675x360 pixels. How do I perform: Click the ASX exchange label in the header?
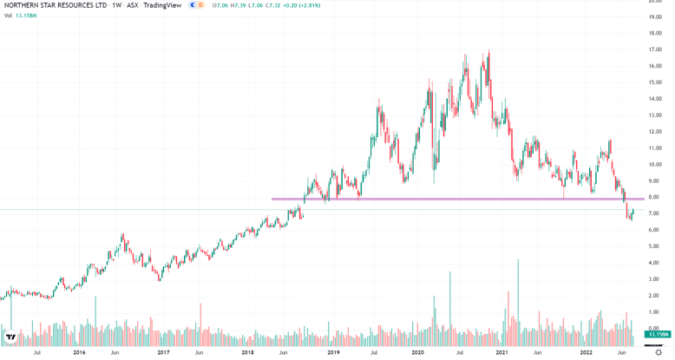click(x=133, y=5)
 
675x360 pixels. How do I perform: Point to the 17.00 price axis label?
click(x=656, y=49)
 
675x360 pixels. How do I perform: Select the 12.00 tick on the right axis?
click(x=656, y=132)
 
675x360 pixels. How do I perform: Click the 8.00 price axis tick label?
click(x=656, y=197)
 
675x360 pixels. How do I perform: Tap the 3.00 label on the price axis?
click(x=656, y=279)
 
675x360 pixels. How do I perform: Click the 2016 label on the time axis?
click(x=79, y=352)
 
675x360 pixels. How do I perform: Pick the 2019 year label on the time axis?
click(x=332, y=352)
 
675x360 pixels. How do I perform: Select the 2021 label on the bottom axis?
click(x=502, y=352)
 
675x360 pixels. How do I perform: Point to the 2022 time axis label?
click(x=587, y=352)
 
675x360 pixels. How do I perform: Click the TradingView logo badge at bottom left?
click(x=10, y=337)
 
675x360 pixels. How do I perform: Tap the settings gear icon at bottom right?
click(x=659, y=352)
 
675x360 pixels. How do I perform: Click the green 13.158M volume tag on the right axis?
click(x=657, y=334)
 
